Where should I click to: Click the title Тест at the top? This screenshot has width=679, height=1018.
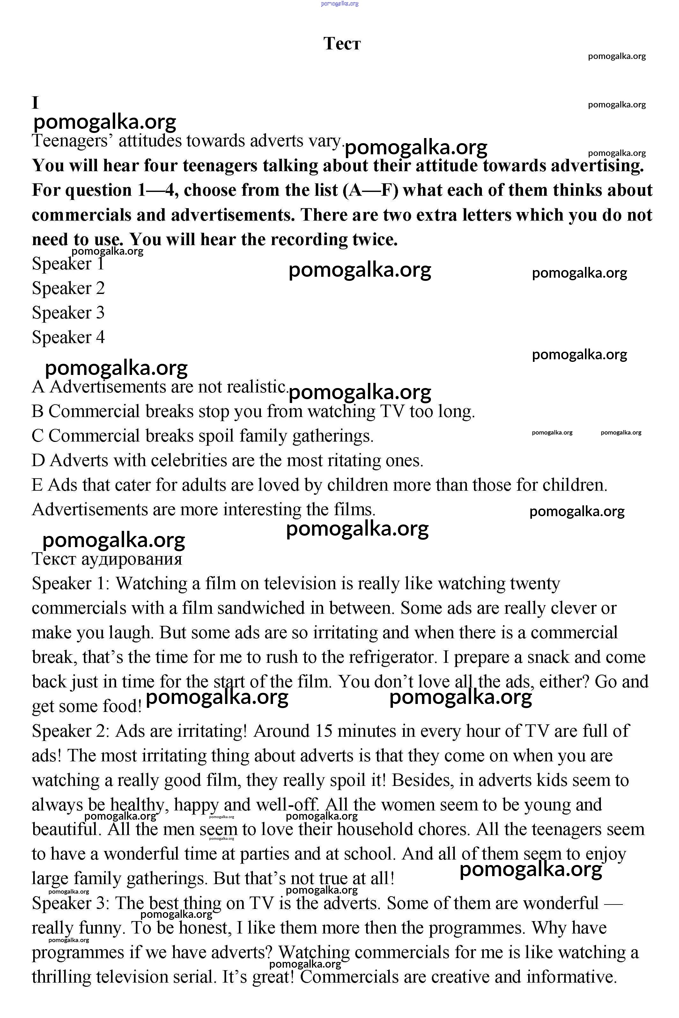tap(342, 44)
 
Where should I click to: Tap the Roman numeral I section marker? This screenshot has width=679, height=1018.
tap(35, 103)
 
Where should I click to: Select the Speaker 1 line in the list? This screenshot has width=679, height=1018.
tap(68, 264)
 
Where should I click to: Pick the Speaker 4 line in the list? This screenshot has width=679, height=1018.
tap(68, 337)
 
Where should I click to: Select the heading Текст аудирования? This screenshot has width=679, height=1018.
tap(107, 559)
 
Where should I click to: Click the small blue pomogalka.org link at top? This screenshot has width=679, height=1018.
tap(339, 4)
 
